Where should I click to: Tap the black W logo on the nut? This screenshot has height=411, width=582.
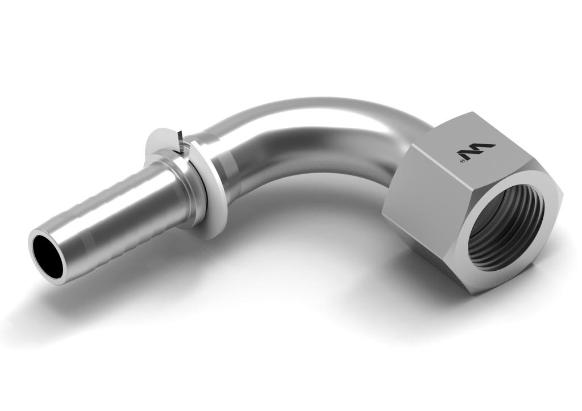pos(476,151)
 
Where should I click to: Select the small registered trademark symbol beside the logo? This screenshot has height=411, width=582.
pos(462,161)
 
